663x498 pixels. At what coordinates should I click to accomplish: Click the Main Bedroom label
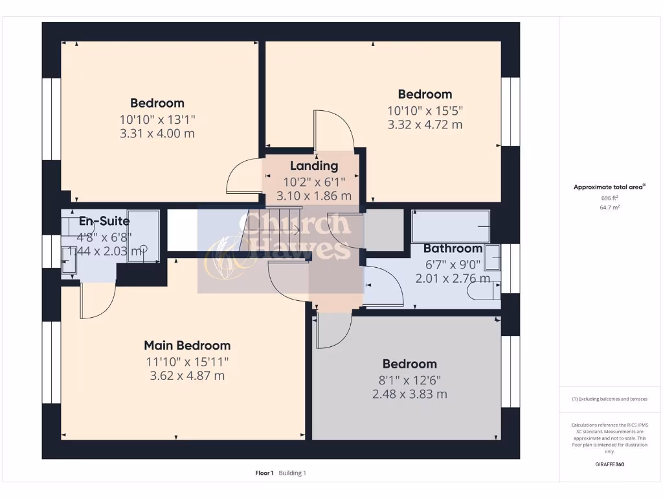[x=186, y=346]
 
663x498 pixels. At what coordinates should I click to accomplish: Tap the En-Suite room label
[x=104, y=221]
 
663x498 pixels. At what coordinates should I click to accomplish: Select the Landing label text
[x=314, y=166]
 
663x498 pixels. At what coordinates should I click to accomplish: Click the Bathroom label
[x=453, y=248]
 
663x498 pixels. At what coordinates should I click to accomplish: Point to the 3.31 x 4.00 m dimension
[x=157, y=134]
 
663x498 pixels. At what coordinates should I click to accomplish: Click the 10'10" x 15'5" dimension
[x=425, y=110]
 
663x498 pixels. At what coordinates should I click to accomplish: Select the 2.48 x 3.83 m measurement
[x=409, y=394]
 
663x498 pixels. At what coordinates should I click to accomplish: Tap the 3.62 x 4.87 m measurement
[x=186, y=375]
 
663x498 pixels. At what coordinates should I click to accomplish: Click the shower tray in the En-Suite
[x=143, y=236]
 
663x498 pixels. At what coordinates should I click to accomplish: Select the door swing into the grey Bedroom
[x=331, y=331]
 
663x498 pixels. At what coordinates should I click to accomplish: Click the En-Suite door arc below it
[x=97, y=302]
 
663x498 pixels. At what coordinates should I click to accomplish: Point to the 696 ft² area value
[x=610, y=197]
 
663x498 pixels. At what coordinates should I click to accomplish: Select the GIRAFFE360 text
[x=610, y=464]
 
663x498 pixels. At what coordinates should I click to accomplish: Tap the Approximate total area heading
[x=609, y=187]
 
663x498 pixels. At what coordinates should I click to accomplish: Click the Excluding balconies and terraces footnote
[x=609, y=399]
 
